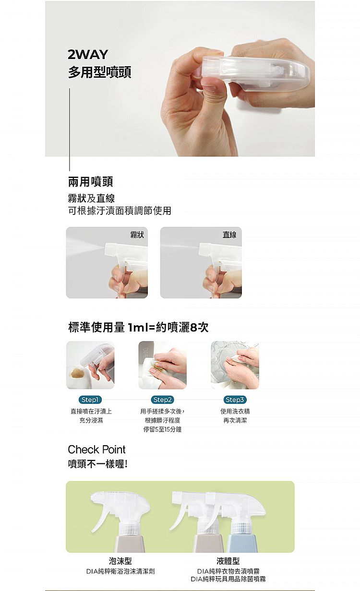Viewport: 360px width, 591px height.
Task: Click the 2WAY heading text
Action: click(x=88, y=55)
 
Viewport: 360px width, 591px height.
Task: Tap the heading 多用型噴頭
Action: click(x=99, y=73)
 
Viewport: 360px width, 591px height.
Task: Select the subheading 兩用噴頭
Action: click(x=91, y=182)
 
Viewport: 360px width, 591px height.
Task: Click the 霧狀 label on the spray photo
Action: click(x=137, y=235)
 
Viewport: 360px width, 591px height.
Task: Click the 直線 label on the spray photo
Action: click(x=229, y=235)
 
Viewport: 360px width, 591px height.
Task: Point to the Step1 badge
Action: click(x=90, y=400)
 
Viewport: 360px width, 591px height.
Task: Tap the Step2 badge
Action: click(x=162, y=400)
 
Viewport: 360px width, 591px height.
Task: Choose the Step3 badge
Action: click(x=235, y=400)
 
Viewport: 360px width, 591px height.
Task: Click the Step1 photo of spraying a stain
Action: click(x=90, y=365)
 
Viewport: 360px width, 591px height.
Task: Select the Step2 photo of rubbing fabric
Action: click(x=162, y=365)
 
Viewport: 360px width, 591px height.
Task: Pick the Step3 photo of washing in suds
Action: click(x=235, y=365)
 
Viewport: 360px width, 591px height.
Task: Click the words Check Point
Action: click(x=96, y=449)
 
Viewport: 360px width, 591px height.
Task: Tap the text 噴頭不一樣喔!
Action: click(x=98, y=464)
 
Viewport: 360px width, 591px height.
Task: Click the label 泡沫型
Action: click(x=120, y=561)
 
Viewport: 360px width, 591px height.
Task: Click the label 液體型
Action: click(x=228, y=561)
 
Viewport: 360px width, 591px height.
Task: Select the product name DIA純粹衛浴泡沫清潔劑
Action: click(x=120, y=571)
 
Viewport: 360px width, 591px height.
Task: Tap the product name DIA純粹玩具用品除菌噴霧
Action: click(x=228, y=579)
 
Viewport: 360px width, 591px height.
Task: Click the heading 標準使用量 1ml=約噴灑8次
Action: click(x=138, y=328)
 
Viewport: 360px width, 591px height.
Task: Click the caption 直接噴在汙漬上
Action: click(x=91, y=411)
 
